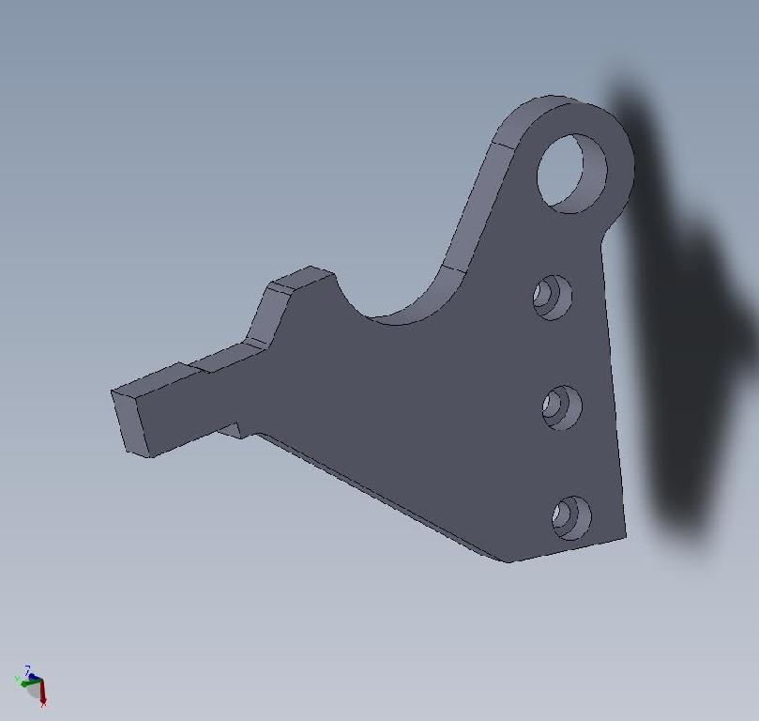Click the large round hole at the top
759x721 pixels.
coord(571,173)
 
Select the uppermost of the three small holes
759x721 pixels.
coord(553,297)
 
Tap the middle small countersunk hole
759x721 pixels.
coord(561,407)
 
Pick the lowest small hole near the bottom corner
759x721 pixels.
coord(570,517)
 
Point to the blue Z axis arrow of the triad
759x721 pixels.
coord(29,670)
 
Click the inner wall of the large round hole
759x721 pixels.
coord(589,169)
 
